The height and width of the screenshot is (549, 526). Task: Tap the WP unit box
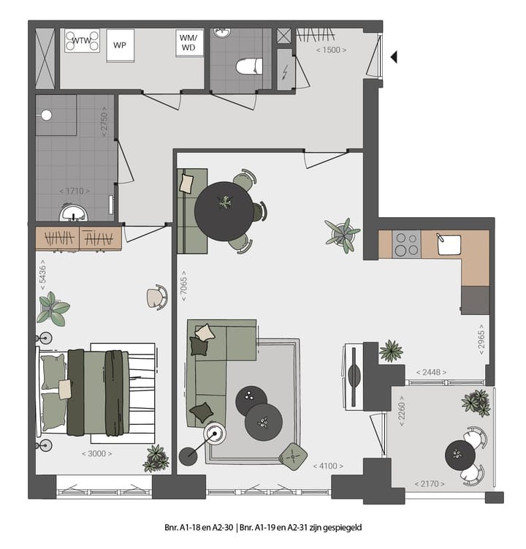pyautogui.click(x=118, y=45)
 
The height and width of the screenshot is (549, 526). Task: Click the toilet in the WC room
pyautogui.click(x=248, y=67)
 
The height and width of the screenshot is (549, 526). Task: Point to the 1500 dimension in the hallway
pyautogui.click(x=331, y=50)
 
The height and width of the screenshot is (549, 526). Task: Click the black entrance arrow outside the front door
pyautogui.click(x=394, y=56)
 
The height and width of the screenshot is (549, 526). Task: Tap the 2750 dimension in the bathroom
pyautogui.click(x=104, y=124)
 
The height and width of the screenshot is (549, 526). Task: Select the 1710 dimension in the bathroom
pyautogui.click(x=75, y=191)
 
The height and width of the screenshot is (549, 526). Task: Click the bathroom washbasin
pyautogui.click(x=72, y=213)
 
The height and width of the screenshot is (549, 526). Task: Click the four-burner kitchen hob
pyautogui.click(x=405, y=243)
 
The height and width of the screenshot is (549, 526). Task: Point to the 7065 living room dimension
pyautogui.click(x=184, y=289)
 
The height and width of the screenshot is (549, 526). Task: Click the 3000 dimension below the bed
pyautogui.click(x=96, y=453)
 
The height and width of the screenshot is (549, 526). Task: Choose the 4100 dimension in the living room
pyautogui.click(x=328, y=465)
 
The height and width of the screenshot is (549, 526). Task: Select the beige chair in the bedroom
pyautogui.click(x=156, y=297)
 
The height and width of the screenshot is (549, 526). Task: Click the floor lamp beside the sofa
pyautogui.click(x=215, y=435)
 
